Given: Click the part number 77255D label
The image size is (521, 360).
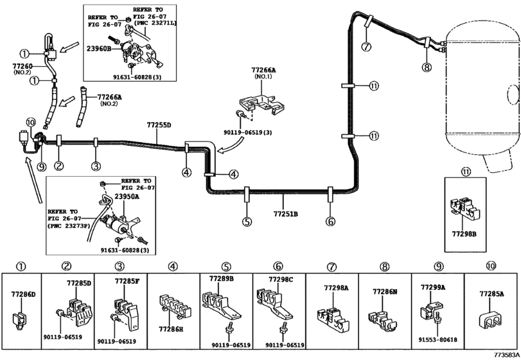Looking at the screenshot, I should pyautogui.click(x=159, y=125).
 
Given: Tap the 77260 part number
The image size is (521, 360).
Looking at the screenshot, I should pyautogui.click(x=23, y=66).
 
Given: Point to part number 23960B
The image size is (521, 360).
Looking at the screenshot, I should pyautogui.click(x=105, y=48).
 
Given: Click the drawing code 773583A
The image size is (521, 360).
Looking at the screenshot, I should pyautogui.click(x=504, y=354).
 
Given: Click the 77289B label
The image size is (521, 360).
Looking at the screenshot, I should pyautogui.click(x=221, y=278).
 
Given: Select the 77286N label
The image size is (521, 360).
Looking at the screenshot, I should pyautogui.click(x=385, y=291).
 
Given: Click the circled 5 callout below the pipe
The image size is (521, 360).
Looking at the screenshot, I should pyautogui.click(x=247, y=222).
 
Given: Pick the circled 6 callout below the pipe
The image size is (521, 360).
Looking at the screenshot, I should pyautogui.click(x=330, y=222).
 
